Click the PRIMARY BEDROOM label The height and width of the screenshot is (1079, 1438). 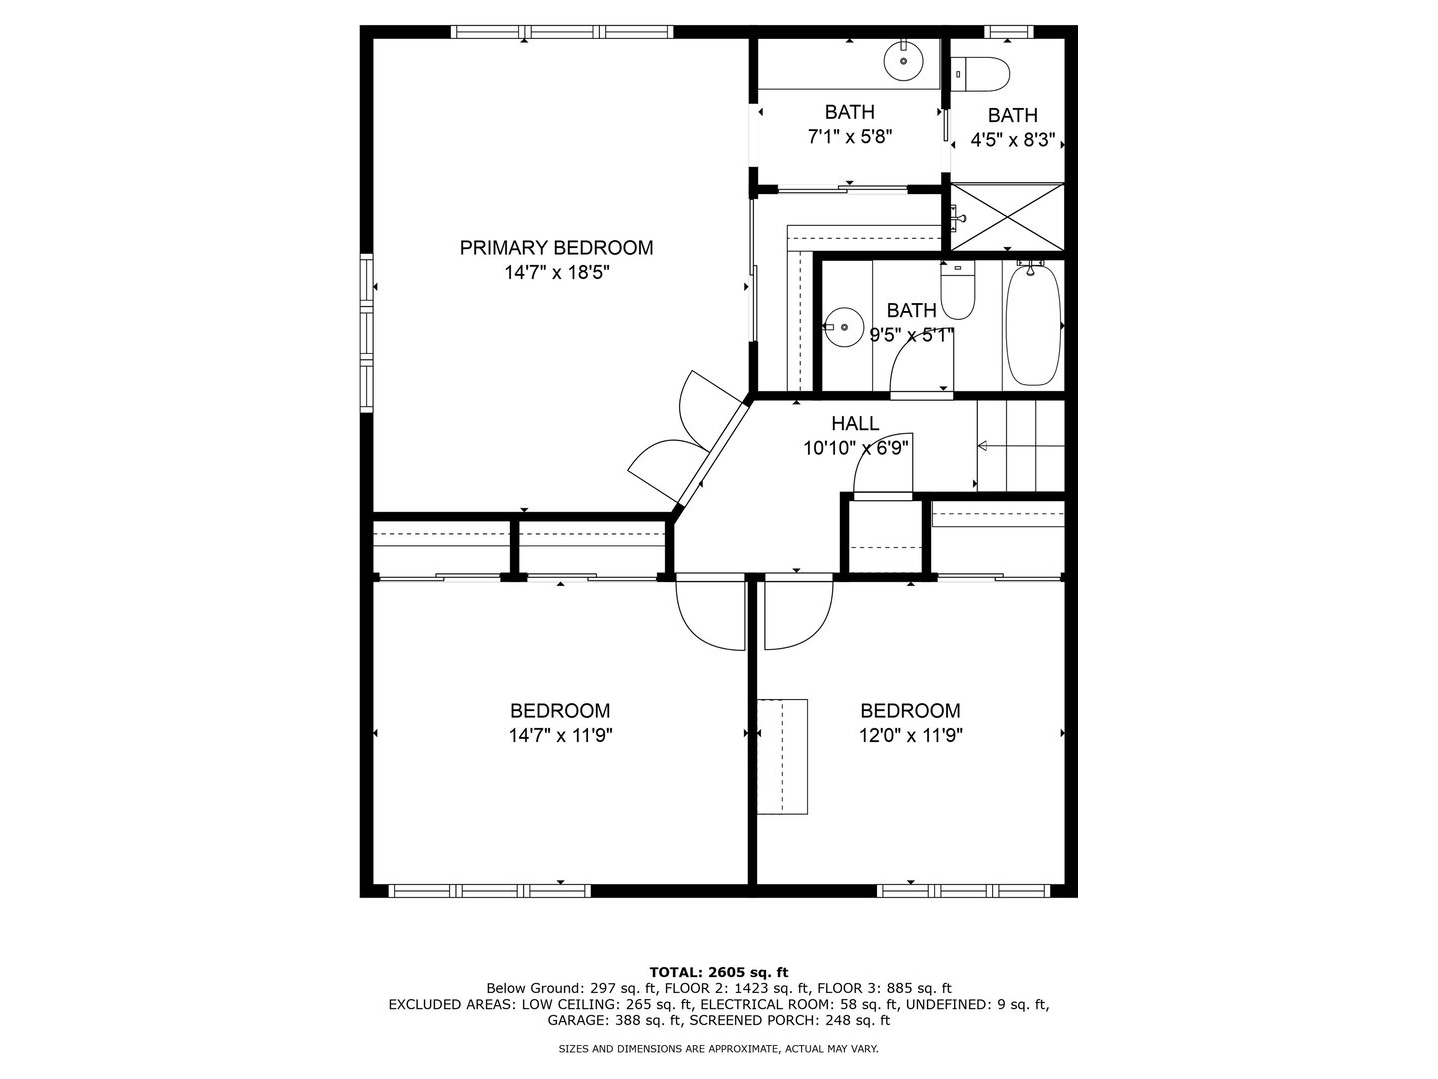(556, 248)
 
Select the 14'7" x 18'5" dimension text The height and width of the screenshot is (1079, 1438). (557, 273)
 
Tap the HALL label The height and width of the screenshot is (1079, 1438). (855, 424)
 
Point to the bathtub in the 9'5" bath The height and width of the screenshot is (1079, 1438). (1033, 325)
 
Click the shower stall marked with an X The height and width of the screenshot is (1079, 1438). (1007, 217)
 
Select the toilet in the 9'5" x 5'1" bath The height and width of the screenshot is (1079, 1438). (957, 290)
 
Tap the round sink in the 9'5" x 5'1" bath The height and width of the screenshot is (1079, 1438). (843, 327)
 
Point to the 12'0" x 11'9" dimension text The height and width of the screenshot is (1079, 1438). (910, 736)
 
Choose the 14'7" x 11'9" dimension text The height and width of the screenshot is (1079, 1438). (561, 736)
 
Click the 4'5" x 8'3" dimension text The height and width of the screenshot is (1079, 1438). (1013, 140)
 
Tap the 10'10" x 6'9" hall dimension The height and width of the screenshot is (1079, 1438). (855, 449)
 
